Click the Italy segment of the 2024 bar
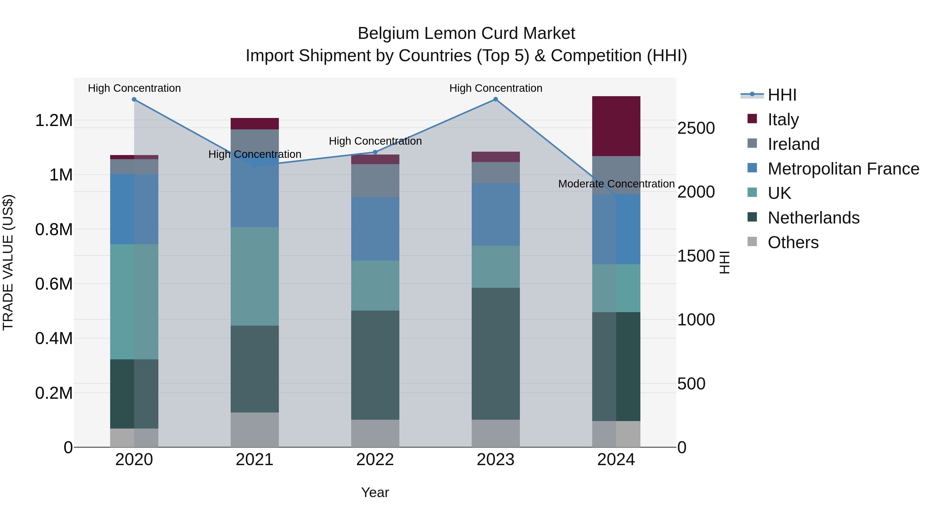[x=616, y=126]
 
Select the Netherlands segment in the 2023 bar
[x=496, y=354]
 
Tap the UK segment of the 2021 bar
[x=255, y=276]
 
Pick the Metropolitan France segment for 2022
[x=375, y=229]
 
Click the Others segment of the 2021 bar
[x=255, y=429]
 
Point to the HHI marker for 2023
[x=496, y=99]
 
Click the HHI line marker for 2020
[x=134, y=99]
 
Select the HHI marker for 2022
[x=375, y=152]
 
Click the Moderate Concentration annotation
[x=616, y=184]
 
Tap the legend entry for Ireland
[x=793, y=144]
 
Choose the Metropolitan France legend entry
[x=843, y=169]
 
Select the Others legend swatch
[x=752, y=242]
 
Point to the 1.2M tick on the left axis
[x=54, y=120]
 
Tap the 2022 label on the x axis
[x=375, y=460]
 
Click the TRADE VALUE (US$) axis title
[x=8, y=262]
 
